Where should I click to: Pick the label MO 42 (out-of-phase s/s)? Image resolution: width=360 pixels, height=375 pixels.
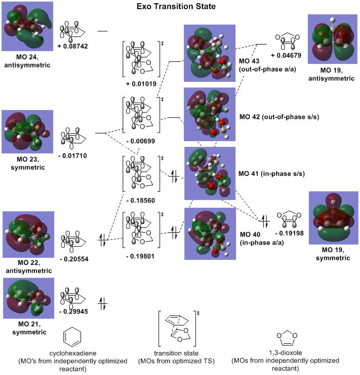[x=280, y=117]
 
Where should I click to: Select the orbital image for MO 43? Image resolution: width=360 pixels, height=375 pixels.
[x=209, y=53]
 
